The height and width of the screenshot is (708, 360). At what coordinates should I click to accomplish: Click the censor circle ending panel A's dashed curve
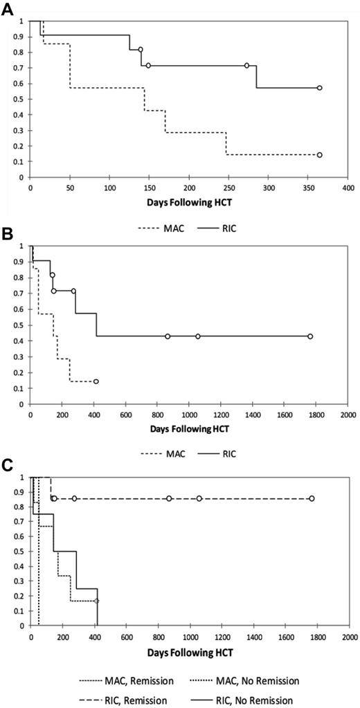tap(320, 155)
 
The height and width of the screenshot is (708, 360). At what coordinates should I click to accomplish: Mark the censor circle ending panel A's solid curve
tap(320, 88)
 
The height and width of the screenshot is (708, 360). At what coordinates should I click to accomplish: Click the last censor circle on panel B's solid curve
tap(310, 336)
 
